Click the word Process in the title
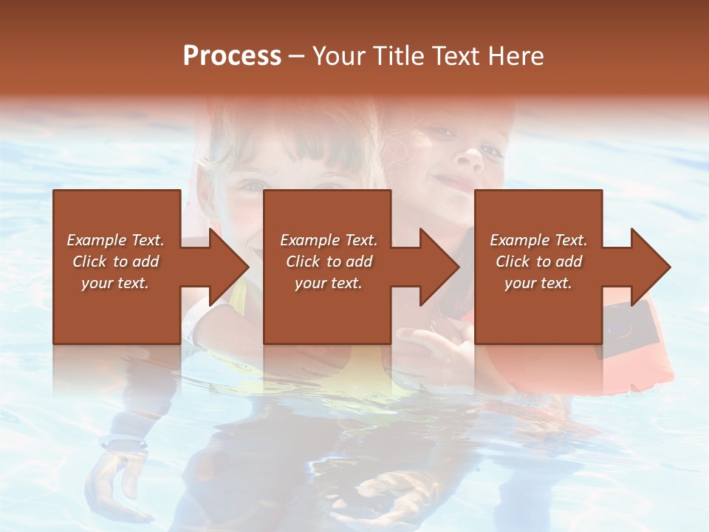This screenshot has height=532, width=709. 232,56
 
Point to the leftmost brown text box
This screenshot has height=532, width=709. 117,310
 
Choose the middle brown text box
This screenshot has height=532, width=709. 327,310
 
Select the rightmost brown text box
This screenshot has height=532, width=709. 538,310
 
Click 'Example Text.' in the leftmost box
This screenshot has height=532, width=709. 115,240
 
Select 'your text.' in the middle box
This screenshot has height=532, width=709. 328,283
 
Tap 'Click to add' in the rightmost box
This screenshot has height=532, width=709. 538,262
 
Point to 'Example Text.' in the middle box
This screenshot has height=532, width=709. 328,240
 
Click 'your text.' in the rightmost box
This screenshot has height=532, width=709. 538,283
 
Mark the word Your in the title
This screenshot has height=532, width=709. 340,56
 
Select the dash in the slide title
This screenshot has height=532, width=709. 297,56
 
